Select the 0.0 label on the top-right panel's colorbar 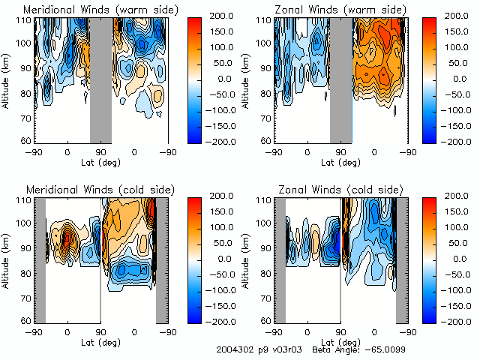[460, 78]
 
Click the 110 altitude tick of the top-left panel [25, 20]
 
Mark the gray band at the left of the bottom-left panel [40, 259]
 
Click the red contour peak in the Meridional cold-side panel [67, 238]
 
